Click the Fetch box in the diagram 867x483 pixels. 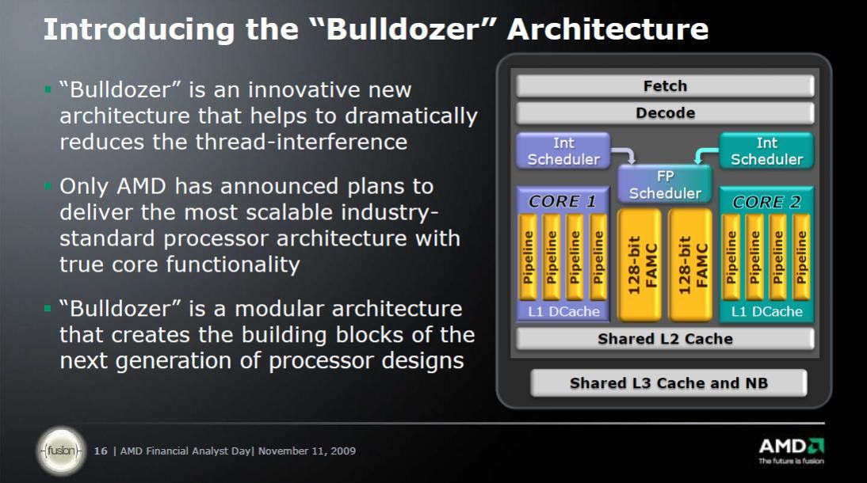(x=665, y=86)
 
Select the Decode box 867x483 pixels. (x=665, y=112)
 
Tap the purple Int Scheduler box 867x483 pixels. (x=563, y=151)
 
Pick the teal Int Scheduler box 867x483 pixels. (x=766, y=151)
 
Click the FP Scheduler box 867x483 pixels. (x=665, y=184)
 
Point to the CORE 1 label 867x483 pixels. (x=563, y=201)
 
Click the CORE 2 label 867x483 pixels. (x=766, y=202)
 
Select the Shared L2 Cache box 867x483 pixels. (x=665, y=339)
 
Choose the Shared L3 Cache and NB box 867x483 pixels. (x=669, y=383)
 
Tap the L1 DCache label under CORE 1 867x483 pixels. (x=563, y=312)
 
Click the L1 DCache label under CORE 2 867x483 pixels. (x=766, y=312)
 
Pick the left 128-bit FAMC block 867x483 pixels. (x=640, y=264)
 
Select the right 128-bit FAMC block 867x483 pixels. (x=690, y=264)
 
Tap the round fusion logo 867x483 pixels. (x=61, y=451)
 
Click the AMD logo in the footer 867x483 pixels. (x=791, y=450)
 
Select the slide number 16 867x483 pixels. (x=101, y=451)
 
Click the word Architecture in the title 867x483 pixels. (x=608, y=29)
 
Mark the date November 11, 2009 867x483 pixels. (x=307, y=451)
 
